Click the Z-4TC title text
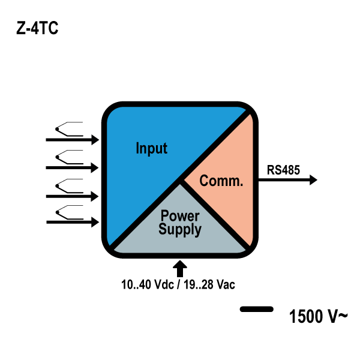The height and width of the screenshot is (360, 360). tap(37, 29)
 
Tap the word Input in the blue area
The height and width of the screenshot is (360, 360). tap(151, 148)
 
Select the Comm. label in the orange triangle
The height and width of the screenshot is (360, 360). tap(221, 181)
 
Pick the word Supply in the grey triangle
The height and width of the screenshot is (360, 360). tap(181, 229)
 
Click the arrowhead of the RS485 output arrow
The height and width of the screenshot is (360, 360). tap(312, 180)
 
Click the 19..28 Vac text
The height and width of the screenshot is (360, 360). tap(209, 284)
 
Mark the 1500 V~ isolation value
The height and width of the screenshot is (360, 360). tap(317, 316)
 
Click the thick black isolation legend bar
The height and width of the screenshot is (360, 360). tap(256, 310)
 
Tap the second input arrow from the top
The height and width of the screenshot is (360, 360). tap(72, 167)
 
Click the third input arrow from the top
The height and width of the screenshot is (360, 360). tap(72, 196)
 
